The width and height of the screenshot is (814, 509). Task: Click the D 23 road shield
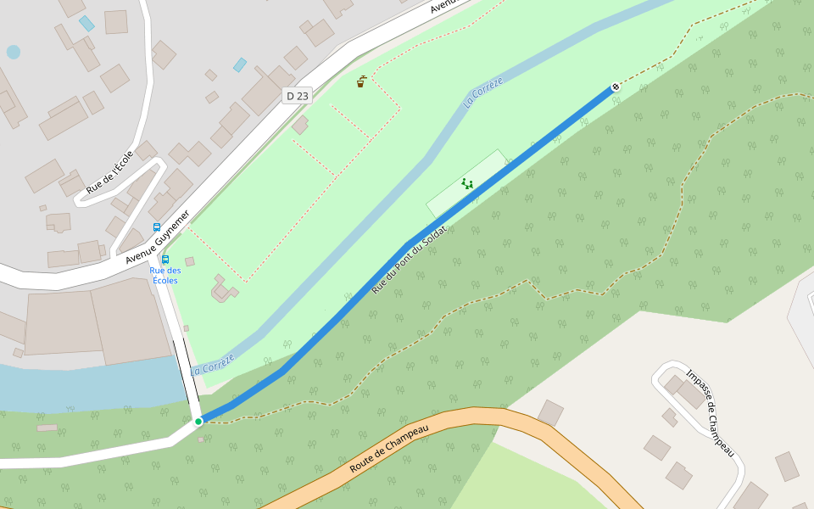coord(298,96)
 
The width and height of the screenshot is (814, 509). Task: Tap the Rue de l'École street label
coord(109,172)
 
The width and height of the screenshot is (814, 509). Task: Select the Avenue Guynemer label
coord(158,238)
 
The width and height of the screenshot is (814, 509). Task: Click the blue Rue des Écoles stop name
coord(165,275)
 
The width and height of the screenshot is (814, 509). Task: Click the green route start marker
coord(198,421)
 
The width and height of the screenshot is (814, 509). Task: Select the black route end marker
coord(616,87)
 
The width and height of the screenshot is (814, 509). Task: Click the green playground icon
coord(467,183)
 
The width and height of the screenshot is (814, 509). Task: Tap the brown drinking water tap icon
coord(361,81)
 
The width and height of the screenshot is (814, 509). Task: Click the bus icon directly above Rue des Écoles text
coord(165,260)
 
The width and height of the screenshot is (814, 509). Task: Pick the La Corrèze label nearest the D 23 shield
coord(483,92)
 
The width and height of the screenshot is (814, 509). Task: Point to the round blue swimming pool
coord(14,52)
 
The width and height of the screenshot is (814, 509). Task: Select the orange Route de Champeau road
coord(509,420)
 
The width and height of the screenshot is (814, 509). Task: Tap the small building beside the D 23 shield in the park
coord(300,125)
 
